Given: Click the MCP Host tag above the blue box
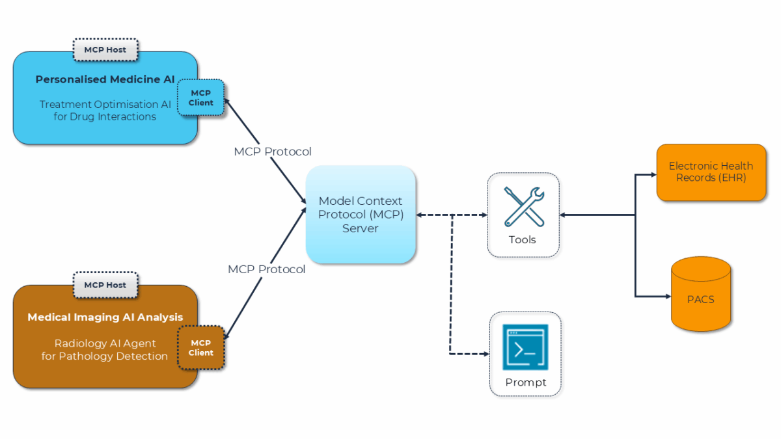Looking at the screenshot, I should coord(105,49).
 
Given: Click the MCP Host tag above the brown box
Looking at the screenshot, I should coord(105,285).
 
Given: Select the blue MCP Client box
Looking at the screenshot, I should coord(200,98).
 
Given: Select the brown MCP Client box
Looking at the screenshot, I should coord(200,347).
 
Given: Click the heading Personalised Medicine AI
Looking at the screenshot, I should coord(105,79).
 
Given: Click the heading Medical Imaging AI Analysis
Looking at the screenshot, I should coord(105,317).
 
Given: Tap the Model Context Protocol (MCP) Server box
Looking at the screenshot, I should coord(361,215).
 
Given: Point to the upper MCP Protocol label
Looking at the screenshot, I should coord(273,152).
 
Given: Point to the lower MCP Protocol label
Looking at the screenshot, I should coord(266,269).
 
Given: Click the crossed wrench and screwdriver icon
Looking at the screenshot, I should coord(523,206).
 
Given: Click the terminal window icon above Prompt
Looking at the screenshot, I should coord(525,347).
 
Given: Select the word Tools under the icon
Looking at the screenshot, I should coord(522,240).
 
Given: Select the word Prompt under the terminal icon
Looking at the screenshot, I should coord(525,382).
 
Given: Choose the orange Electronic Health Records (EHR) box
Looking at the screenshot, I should coord(711,172).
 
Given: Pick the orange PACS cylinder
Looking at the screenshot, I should coord(700,294).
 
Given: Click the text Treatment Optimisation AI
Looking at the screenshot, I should coord(105,104).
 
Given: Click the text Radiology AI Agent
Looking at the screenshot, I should coord(105,343).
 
